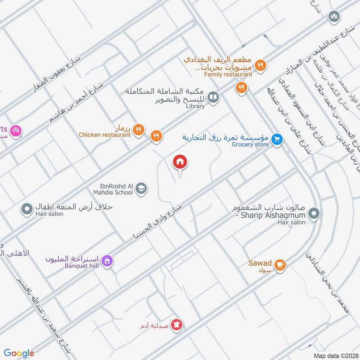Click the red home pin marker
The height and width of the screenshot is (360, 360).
(180, 162)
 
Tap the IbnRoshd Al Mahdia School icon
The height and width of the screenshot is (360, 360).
(141, 189)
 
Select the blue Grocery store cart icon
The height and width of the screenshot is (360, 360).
(277, 140)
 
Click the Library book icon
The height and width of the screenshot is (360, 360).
(214, 97)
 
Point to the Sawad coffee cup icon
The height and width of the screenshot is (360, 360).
(280, 265)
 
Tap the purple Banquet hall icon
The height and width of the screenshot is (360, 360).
(107, 261)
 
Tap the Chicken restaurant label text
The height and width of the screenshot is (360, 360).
(104, 135)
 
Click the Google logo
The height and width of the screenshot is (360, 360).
(19, 353)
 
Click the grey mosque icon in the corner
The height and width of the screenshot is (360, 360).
(333, 17)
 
